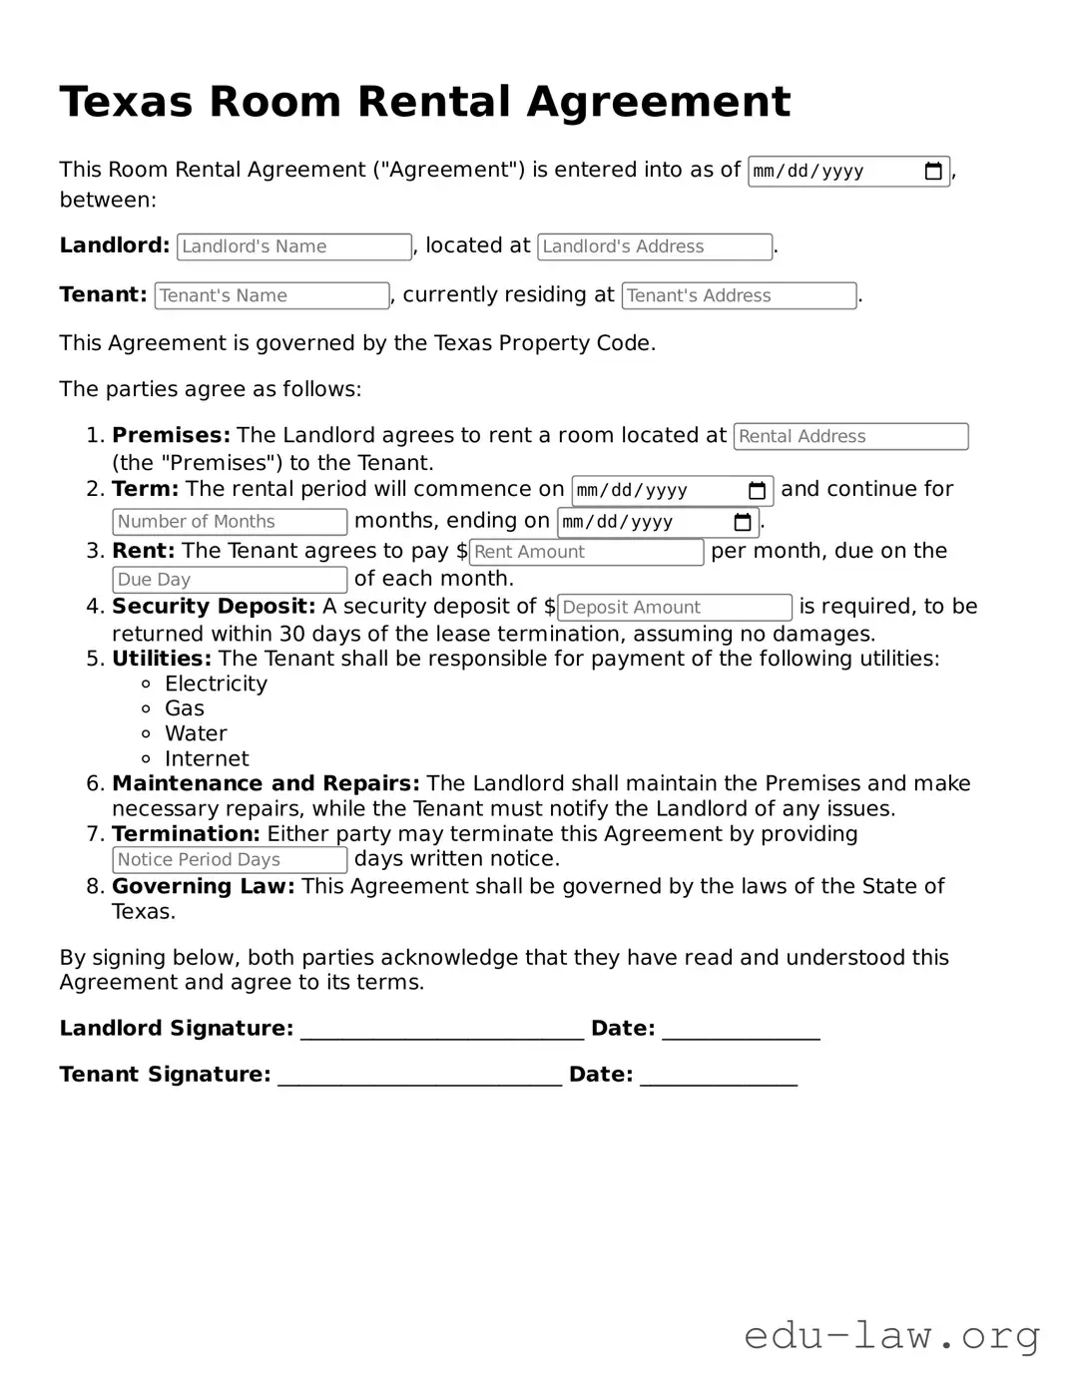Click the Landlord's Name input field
click(293, 246)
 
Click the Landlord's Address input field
click(654, 246)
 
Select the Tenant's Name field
click(271, 295)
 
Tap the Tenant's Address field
click(739, 295)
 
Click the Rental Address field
click(850, 436)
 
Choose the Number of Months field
click(230, 522)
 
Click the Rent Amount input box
click(586, 552)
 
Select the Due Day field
click(230, 580)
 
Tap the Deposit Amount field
click(674, 608)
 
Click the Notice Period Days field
click(230, 860)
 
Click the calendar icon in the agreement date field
click(933, 172)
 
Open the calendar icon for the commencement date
click(757, 491)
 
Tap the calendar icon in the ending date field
click(743, 522)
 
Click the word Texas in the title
click(126, 102)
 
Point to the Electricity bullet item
click(216, 684)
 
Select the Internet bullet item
click(207, 758)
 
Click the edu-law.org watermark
click(891, 1334)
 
